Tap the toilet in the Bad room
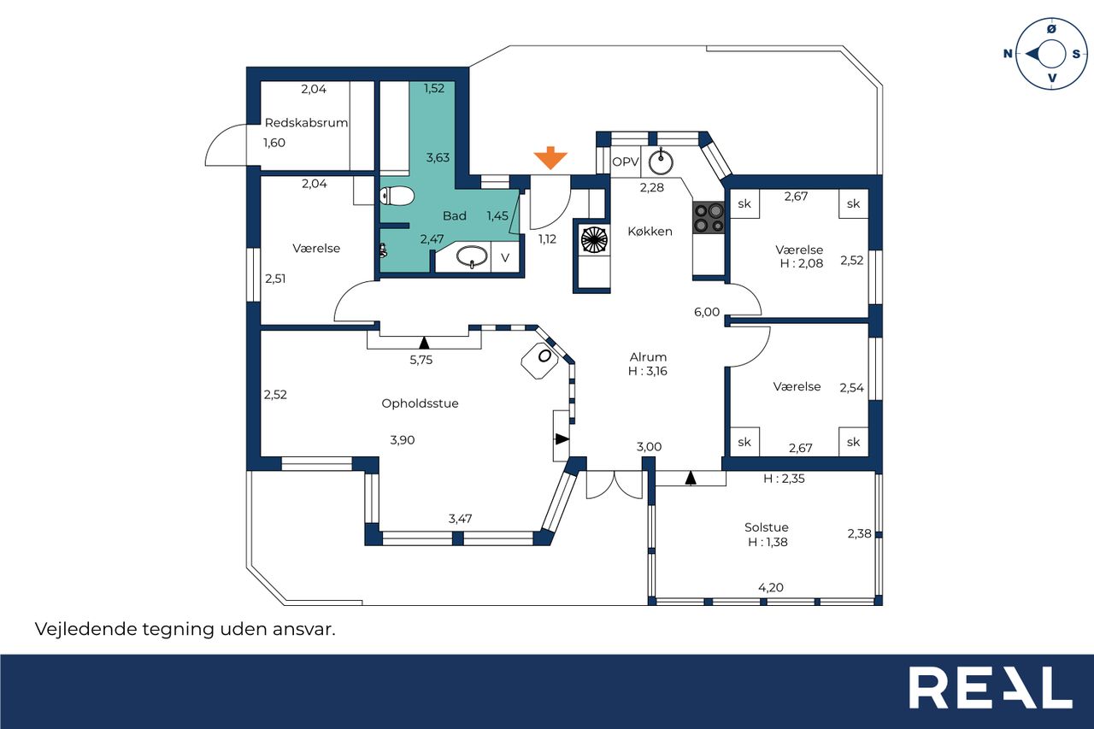click(397, 197)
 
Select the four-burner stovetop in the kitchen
click(709, 218)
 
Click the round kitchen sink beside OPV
click(661, 162)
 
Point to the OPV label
click(626, 162)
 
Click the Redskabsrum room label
click(306, 122)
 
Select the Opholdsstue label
click(420, 403)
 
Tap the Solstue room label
click(767, 527)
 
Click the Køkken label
click(650, 232)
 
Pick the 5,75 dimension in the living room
click(421, 361)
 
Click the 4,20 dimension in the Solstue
click(771, 587)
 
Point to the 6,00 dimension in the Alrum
click(707, 312)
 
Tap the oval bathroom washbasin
click(471, 256)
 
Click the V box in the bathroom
click(505, 257)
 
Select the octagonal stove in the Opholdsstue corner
click(539, 361)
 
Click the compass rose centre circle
click(1051, 54)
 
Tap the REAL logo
click(991, 687)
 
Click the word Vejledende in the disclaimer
click(85, 629)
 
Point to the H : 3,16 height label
click(648, 371)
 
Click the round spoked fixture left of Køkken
click(594, 240)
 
